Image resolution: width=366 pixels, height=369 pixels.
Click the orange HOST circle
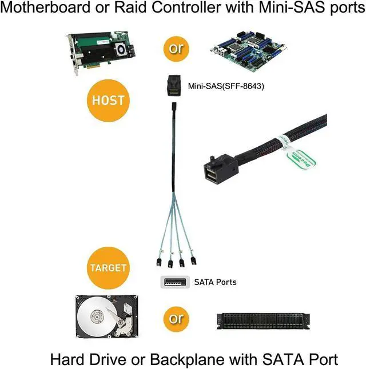pos(109,101)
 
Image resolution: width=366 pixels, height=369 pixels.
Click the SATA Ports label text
pos(215,282)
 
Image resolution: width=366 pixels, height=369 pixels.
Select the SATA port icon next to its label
pos(173,282)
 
